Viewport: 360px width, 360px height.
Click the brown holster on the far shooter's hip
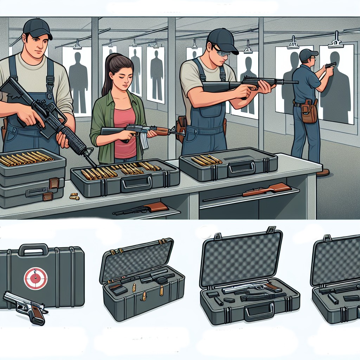[309, 112]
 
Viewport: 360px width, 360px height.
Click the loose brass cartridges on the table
[74, 196]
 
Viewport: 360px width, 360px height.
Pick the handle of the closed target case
[33, 249]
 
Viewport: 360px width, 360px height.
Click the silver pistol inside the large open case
[246, 288]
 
